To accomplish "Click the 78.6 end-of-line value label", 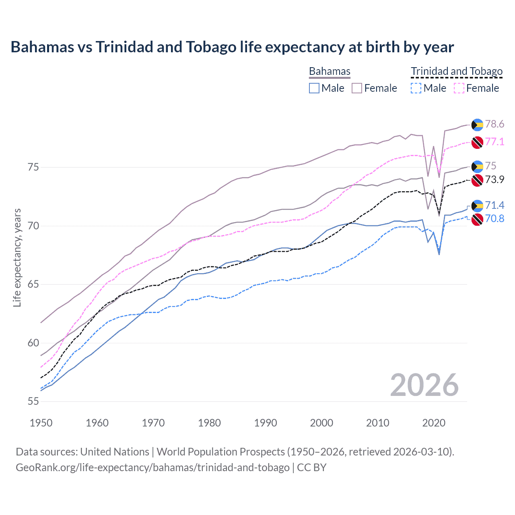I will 494,124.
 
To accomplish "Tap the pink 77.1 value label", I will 494,142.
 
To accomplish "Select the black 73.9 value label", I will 494,179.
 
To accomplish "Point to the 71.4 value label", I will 494,206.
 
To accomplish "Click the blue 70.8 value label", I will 494,219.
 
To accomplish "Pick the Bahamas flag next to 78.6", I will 477,125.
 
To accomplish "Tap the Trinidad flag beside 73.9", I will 477,180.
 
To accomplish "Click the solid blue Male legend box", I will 314,88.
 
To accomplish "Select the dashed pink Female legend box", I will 459,88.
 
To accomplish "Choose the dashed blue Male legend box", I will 416,88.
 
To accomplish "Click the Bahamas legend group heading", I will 330,72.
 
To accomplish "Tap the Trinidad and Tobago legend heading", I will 457,72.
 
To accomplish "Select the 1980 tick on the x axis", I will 209,423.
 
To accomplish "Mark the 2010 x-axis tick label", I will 377,423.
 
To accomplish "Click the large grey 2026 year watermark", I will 424,385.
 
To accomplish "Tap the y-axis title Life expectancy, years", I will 17,257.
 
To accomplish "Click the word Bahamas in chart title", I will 42,47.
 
